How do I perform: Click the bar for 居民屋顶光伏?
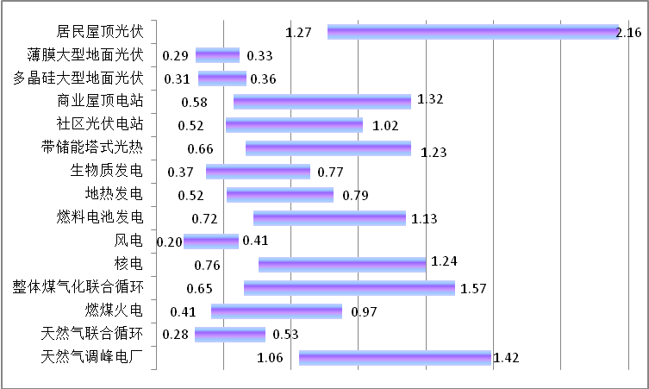472,32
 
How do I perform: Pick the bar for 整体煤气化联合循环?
349,287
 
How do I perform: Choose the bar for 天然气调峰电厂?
395,357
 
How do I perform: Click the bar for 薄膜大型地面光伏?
217,55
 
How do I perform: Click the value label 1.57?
474,288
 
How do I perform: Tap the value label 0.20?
170,242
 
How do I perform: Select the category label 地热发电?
114,192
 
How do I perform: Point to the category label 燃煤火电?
114,309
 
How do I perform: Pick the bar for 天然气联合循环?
230,334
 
